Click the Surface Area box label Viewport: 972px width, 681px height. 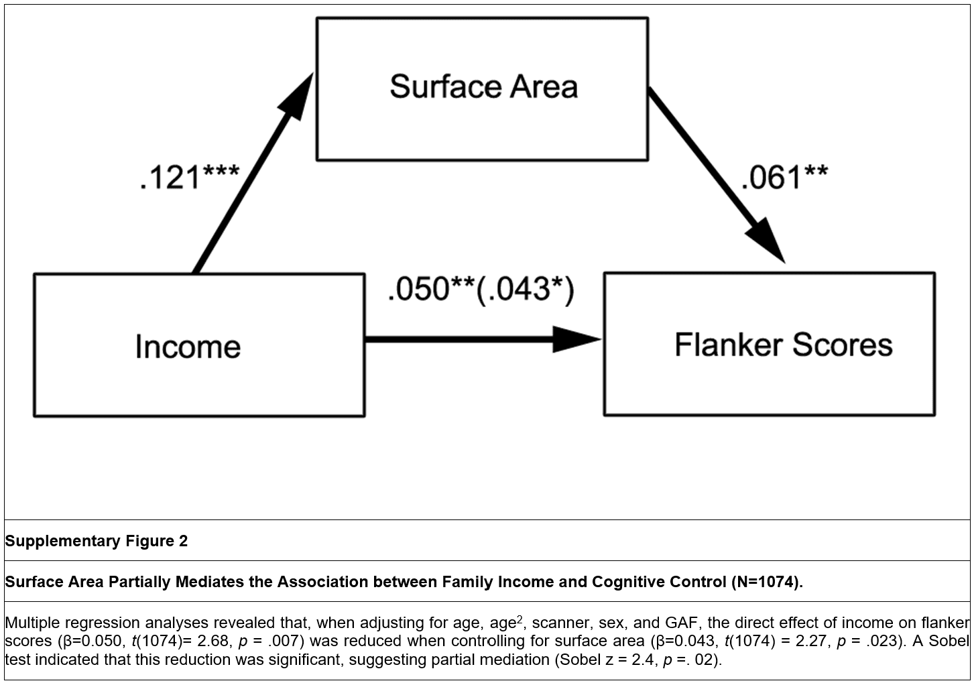[483, 87]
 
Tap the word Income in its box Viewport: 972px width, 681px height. [188, 347]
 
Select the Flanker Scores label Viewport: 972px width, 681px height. [783, 345]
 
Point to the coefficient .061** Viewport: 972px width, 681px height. [784, 177]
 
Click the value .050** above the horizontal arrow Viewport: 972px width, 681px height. [430, 289]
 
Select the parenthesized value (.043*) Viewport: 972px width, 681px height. [525, 289]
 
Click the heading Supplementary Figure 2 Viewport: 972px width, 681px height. [97, 541]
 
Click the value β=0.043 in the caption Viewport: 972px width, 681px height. [686, 641]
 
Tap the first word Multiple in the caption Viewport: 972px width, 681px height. [32, 623]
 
